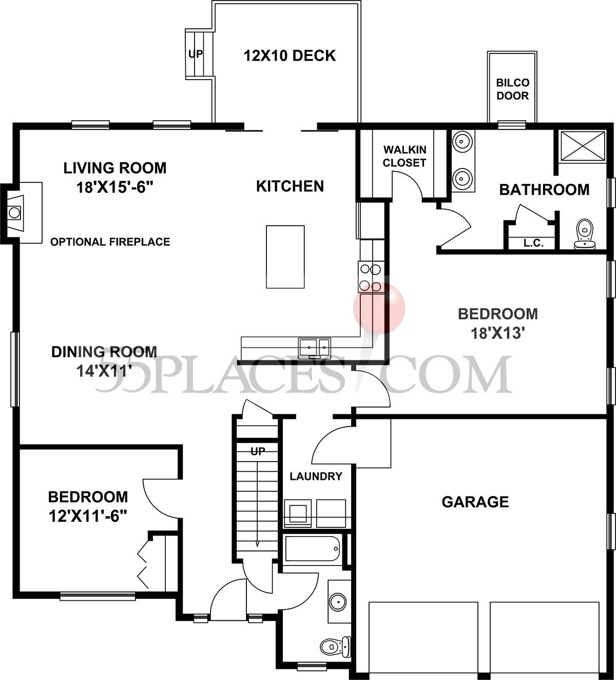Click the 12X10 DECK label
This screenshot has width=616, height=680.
click(290, 56)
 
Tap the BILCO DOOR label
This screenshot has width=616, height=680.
click(512, 89)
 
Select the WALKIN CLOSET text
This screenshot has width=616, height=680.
click(405, 156)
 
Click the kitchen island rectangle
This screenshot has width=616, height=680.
click(285, 257)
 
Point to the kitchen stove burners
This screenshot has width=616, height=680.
click(371, 278)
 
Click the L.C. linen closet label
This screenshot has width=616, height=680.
click(533, 243)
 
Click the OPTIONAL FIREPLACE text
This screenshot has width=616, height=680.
click(110, 242)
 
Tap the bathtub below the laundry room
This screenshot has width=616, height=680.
click(312, 549)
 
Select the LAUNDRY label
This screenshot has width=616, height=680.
click(316, 476)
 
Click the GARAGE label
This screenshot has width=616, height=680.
click(475, 502)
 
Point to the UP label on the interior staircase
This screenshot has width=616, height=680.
click(258, 452)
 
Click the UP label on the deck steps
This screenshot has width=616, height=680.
click(196, 53)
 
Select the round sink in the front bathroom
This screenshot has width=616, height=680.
click(338, 600)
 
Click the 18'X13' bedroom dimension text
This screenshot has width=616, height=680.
click(497, 334)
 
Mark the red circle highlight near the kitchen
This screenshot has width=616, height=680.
click(379, 308)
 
